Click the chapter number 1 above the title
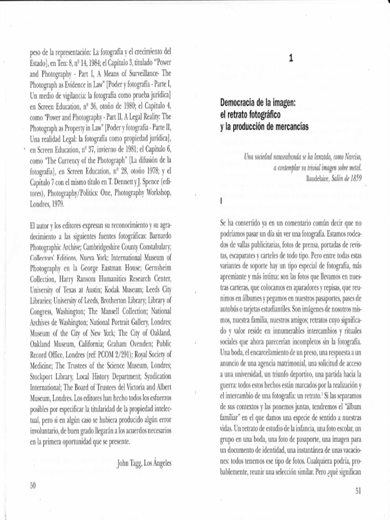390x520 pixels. point(290,58)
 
